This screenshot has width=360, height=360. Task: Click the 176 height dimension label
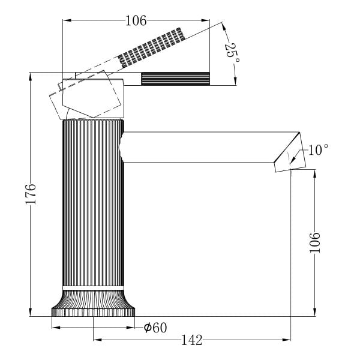[31, 194]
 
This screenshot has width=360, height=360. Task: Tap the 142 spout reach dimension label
[192, 340]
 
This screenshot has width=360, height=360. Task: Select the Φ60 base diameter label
[155, 328]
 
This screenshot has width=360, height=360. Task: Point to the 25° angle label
[232, 53]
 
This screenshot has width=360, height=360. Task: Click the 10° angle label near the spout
[318, 150]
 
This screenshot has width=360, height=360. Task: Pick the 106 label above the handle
[136, 20]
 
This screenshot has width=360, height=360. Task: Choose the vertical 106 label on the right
[315, 242]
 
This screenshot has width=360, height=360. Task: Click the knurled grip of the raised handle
[151, 48]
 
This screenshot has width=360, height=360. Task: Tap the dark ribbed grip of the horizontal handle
[175, 79]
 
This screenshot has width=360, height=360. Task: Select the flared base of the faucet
[93, 303]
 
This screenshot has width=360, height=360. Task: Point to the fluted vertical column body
[93, 203]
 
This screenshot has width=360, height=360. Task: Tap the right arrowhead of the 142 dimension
[287, 340]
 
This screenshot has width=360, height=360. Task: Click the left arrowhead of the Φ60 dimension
[56, 328]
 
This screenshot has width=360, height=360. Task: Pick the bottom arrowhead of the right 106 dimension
[315, 312]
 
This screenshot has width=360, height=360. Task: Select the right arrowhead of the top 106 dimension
[205, 20]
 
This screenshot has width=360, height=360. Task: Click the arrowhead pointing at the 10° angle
[293, 160]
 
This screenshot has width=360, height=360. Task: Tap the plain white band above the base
[93, 289]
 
